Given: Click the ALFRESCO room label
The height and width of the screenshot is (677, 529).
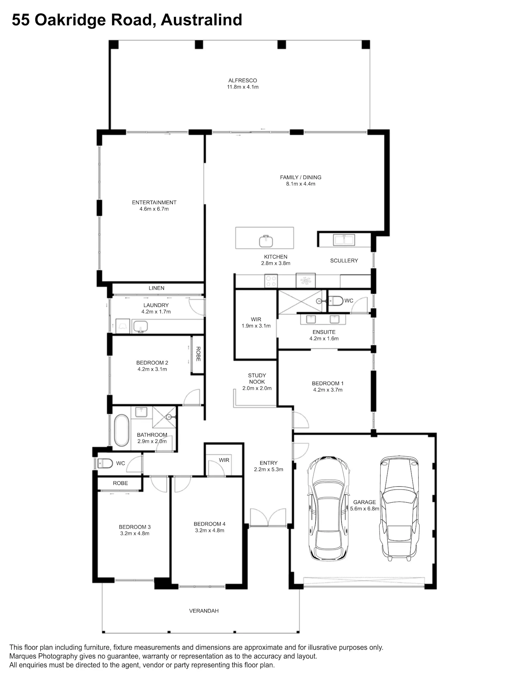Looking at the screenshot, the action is click(x=243, y=80).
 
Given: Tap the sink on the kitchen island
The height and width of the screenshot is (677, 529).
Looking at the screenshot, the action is click(x=266, y=241).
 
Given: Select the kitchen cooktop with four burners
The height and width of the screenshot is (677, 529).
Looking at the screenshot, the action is click(x=271, y=281).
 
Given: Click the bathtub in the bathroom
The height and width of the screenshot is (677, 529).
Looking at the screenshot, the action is click(x=122, y=430).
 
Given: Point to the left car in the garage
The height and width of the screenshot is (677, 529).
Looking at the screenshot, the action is click(x=328, y=509).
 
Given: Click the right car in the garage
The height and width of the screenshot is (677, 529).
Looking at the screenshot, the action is click(x=399, y=509).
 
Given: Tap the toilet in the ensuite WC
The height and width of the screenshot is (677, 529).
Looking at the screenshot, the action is click(x=335, y=301).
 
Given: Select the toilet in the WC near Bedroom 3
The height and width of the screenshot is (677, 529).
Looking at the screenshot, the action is click(x=105, y=463).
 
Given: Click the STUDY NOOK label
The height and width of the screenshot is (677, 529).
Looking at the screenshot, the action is click(x=257, y=378).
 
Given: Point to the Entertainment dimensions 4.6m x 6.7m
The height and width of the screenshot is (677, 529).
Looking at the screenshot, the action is click(x=154, y=209).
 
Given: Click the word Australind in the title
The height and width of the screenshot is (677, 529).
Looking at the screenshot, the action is click(x=202, y=20).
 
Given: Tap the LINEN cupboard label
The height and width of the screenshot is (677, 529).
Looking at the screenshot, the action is click(x=157, y=288).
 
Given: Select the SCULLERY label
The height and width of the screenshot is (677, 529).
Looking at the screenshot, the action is click(x=344, y=260).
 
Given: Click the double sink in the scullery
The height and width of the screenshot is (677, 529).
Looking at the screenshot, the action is click(x=344, y=240).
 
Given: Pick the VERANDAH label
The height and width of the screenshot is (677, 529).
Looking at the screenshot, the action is click(x=204, y=611).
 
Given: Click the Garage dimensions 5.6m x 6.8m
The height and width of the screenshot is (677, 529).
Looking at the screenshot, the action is click(x=365, y=509).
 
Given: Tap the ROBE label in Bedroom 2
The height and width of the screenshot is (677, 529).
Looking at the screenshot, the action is click(x=198, y=354).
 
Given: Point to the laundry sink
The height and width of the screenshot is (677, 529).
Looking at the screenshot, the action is click(x=141, y=326).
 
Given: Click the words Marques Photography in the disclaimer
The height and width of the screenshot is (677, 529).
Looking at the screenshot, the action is click(x=43, y=656).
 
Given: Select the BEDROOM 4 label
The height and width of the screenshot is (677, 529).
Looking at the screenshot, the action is click(x=209, y=524).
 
